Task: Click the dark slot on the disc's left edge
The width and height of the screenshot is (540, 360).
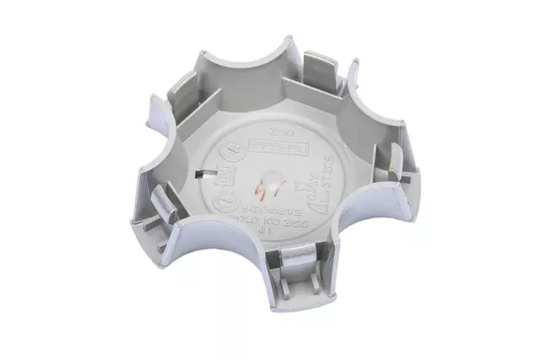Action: coord(201,175)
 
